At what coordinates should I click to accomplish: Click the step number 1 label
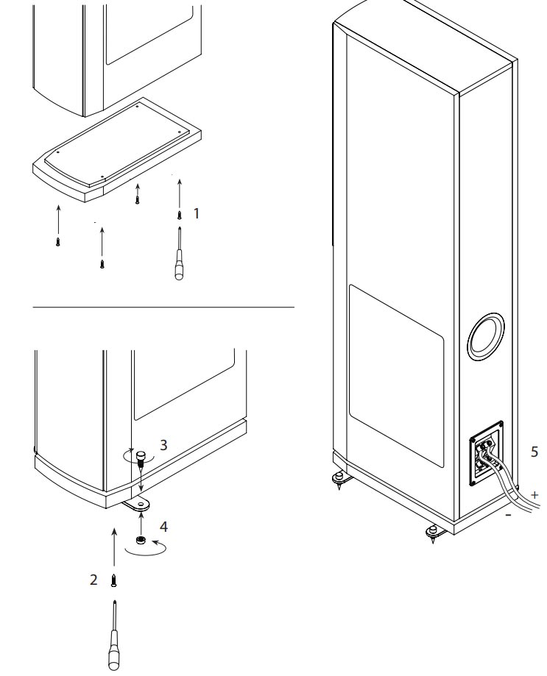(196, 213)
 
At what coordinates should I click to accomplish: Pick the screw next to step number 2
(113, 580)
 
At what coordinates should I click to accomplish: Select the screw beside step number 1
(178, 215)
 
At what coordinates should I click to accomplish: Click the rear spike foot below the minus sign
(433, 531)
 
